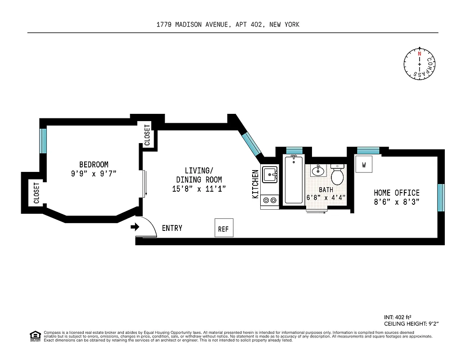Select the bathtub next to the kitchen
[x=294, y=180]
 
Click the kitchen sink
[x=270, y=174]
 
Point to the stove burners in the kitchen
[x=270, y=200]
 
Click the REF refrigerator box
[x=223, y=229]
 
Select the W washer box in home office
[x=364, y=165]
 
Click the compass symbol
[x=420, y=64]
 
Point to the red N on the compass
[x=420, y=54]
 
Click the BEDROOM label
[x=94, y=165]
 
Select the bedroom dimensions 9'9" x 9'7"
[x=97, y=174]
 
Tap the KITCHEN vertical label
[x=255, y=184]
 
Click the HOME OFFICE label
[x=396, y=193]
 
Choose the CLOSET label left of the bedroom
[x=36, y=193]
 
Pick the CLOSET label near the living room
[x=147, y=135]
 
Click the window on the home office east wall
[x=441, y=198]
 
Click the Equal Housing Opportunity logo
[x=34, y=336]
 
